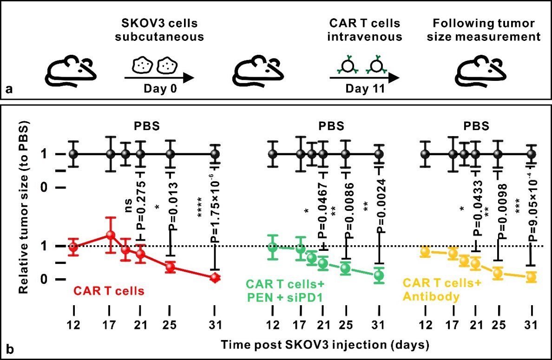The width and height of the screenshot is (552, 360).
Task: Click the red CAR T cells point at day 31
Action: pyautogui.click(x=214, y=277)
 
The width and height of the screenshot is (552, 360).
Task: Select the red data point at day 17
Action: pyautogui.click(x=110, y=235)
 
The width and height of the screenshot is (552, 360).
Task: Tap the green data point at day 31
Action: pyautogui.click(x=379, y=275)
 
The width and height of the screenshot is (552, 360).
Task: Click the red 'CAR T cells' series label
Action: pyautogui.click(x=109, y=291)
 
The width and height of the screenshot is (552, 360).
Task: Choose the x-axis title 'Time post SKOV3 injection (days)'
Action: pyautogui.click(x=324, y=345)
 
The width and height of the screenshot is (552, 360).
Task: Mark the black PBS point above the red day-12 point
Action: pyautogui.click(x=72, y=154)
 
